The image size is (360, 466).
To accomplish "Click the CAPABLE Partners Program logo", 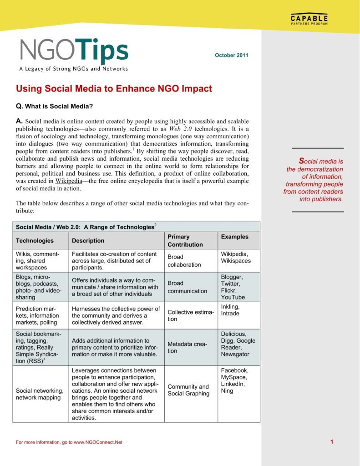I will coord(309,20).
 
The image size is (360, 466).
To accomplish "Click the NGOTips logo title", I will coord(74,51).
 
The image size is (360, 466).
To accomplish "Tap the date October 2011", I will coord(231,56).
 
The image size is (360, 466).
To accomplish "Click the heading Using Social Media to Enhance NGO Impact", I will coord(114,89).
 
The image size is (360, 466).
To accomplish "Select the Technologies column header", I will coord(35,241).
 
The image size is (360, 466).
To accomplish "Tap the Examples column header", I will coord(234,237).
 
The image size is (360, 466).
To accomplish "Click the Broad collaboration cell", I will coord(184,261).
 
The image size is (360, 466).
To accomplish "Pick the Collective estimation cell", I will coord(191,315).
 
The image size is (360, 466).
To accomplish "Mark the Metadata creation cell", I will coord(188,348).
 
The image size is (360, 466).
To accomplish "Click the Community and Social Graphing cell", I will coord(188,390).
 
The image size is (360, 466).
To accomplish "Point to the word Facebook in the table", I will coord(234,370).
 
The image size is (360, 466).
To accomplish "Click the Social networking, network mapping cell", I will coord(40,394).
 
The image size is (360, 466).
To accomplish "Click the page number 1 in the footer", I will coord(332,441).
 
